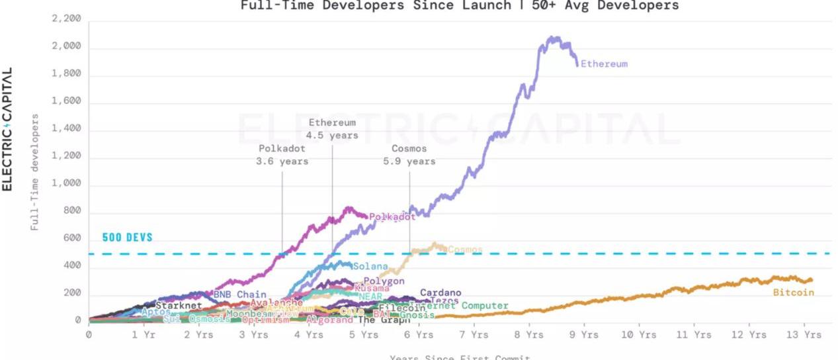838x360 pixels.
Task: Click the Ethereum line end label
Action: pos(604,64)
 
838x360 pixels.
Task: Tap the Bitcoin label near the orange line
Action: pos(793,292)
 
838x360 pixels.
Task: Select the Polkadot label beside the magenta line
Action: pos(392,216)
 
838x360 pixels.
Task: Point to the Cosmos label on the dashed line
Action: pos(465,250)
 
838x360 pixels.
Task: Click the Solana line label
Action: pos(370,267)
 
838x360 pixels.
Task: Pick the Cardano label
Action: pos(440,292)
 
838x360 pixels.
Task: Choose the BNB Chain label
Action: pos(239,294)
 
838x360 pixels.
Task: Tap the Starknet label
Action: pos(179,306)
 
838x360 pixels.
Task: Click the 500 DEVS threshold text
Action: pos(127,238)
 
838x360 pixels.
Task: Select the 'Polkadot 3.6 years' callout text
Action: pos(282,155)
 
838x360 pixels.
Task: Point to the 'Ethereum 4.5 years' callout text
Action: pos(332,129)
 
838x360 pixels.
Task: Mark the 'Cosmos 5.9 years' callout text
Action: pos(409,155)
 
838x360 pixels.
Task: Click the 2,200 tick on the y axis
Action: pos(66,19)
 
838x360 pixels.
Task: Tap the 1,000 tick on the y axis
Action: pos(66,184)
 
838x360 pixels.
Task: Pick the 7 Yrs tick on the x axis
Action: pos(473,335)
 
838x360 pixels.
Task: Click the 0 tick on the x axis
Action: pos(89,335)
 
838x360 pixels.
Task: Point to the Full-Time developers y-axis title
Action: pos(34,172)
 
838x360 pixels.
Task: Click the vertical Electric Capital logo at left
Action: pos(8,129)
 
